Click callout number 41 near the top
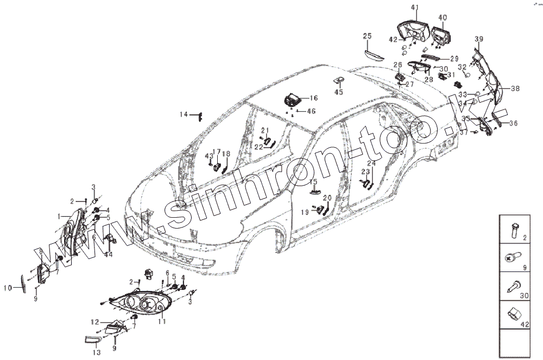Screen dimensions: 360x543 pos(415,7)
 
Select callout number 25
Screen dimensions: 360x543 pos(367,36)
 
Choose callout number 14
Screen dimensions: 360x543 pos(185,115)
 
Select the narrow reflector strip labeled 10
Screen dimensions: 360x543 pos(23,283)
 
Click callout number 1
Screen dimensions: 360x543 pos(59,216)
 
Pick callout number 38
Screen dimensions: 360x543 pos(515,89)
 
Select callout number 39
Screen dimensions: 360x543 pos(478,39)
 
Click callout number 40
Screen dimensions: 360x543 pos(443,18)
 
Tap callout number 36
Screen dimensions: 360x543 pos(513,123)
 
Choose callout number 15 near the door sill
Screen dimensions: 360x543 pos(313,181)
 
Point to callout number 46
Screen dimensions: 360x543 pos(311,111)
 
